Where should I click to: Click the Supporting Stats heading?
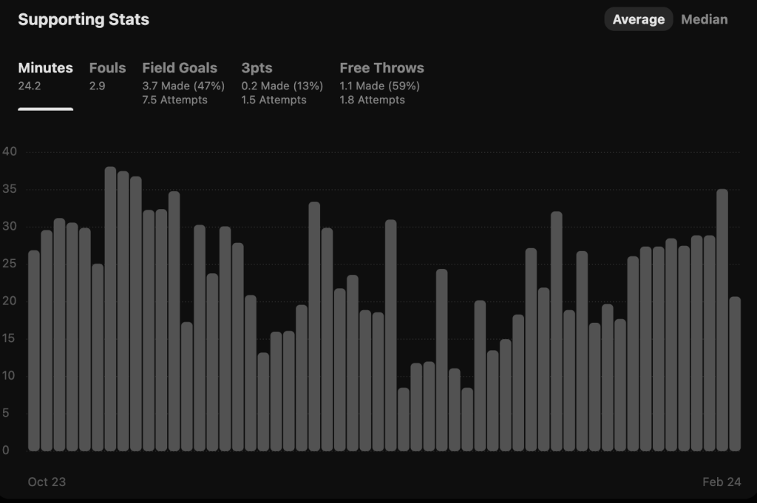[x=84, y=20]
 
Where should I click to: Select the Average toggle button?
[x=638, y=20]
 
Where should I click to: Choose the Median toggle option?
[x=704, y=20]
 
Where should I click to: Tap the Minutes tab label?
[x=46, y=68]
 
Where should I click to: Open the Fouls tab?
[x=107, y=68]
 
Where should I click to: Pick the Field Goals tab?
[x=180, y=68]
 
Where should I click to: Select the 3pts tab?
[x=257, y=68]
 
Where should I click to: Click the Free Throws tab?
[x=381, y=68]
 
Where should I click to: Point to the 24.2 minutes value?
[x=30, y=86]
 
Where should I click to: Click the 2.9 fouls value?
[x=97, y=86]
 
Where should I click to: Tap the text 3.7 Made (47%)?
[x=183, y=86]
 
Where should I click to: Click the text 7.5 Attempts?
[x=174, y=100]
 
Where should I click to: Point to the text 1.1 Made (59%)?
[x=379, y=86]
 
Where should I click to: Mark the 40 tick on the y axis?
[x=10, y=152]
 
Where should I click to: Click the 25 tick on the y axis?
[x=10, y=264]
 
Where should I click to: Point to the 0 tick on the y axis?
[x=6, y=451]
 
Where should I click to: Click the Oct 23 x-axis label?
[x=47, y=482]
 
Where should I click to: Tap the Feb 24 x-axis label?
[x=722, y=482]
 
